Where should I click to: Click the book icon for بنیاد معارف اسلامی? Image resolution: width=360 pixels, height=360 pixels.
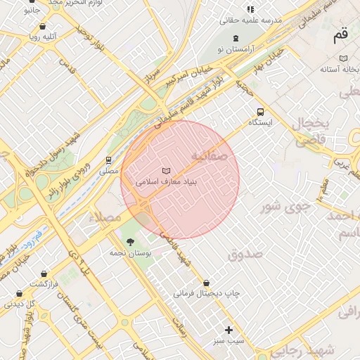click(166, 170)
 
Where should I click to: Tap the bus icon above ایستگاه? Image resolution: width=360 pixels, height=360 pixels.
click(261, 111)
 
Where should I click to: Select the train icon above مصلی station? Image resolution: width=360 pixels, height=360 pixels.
click(108, 160)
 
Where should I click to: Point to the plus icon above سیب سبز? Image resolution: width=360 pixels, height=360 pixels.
click(228, 330)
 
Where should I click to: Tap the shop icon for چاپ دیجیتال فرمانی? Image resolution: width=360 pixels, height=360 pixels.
click(206, 283)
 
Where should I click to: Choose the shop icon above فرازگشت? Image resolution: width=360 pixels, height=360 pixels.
click(44, 273)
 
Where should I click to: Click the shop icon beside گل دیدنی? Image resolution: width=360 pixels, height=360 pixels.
click(30, 304)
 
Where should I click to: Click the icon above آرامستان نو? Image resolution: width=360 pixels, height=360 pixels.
click(235, 38)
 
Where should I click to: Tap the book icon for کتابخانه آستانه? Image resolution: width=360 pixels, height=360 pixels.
click(343, 58)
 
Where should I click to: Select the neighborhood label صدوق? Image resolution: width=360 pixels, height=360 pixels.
click(244, 254)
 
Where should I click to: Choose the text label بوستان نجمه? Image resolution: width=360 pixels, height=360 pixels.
click(127, 252)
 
